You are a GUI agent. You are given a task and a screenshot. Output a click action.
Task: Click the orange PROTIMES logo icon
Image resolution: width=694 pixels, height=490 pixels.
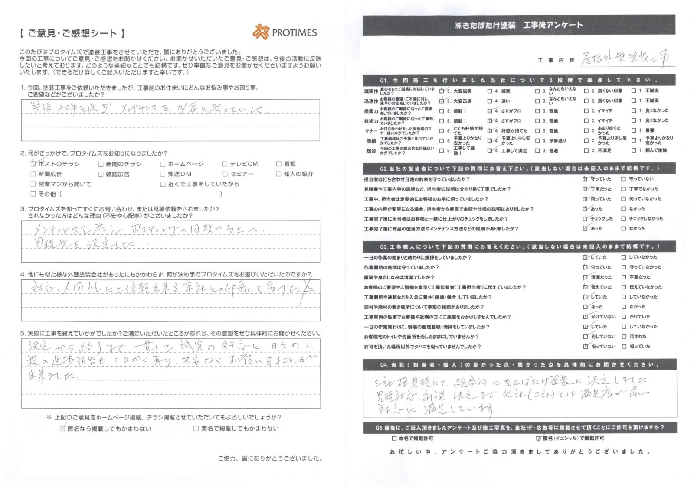261,32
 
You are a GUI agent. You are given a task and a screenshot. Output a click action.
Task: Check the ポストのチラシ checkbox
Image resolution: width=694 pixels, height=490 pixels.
33,164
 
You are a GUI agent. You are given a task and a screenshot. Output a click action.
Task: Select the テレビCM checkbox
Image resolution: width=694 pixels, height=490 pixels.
225,164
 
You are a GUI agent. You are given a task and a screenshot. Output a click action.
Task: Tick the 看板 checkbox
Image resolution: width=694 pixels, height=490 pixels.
279,164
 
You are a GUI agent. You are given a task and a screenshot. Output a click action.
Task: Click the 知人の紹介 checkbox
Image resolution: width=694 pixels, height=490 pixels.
279,174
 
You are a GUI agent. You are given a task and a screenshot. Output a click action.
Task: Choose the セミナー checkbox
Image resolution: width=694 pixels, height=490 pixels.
225,174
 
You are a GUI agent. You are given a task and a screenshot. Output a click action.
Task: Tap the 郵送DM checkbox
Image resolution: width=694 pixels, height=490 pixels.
163,174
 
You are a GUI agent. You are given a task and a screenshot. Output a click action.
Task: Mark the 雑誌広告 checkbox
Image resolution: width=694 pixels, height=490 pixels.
101,174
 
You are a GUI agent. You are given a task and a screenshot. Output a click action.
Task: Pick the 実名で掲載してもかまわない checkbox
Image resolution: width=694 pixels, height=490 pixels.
196,428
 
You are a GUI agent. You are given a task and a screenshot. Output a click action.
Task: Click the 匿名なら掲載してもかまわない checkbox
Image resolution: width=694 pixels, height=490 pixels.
63,428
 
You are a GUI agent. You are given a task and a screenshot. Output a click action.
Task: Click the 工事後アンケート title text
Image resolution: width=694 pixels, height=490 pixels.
553,25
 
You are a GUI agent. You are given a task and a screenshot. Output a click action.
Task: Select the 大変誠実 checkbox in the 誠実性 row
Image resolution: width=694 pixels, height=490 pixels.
442,91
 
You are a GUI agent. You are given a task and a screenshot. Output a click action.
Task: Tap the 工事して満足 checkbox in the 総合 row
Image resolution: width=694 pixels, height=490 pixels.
490,150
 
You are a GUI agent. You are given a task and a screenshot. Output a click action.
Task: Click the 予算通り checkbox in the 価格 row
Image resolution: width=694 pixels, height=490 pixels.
538,140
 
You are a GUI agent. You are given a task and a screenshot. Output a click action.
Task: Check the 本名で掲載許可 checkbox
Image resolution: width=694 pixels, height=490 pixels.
394,438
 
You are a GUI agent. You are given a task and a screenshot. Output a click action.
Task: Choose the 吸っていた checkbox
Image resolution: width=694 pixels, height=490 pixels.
624,347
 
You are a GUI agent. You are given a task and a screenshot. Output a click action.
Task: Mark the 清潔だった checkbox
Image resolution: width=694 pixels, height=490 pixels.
586,277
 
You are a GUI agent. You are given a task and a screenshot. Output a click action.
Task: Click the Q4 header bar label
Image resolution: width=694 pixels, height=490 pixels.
519,365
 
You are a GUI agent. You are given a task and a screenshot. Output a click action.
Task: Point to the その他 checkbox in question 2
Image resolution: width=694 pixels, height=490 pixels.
33,194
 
